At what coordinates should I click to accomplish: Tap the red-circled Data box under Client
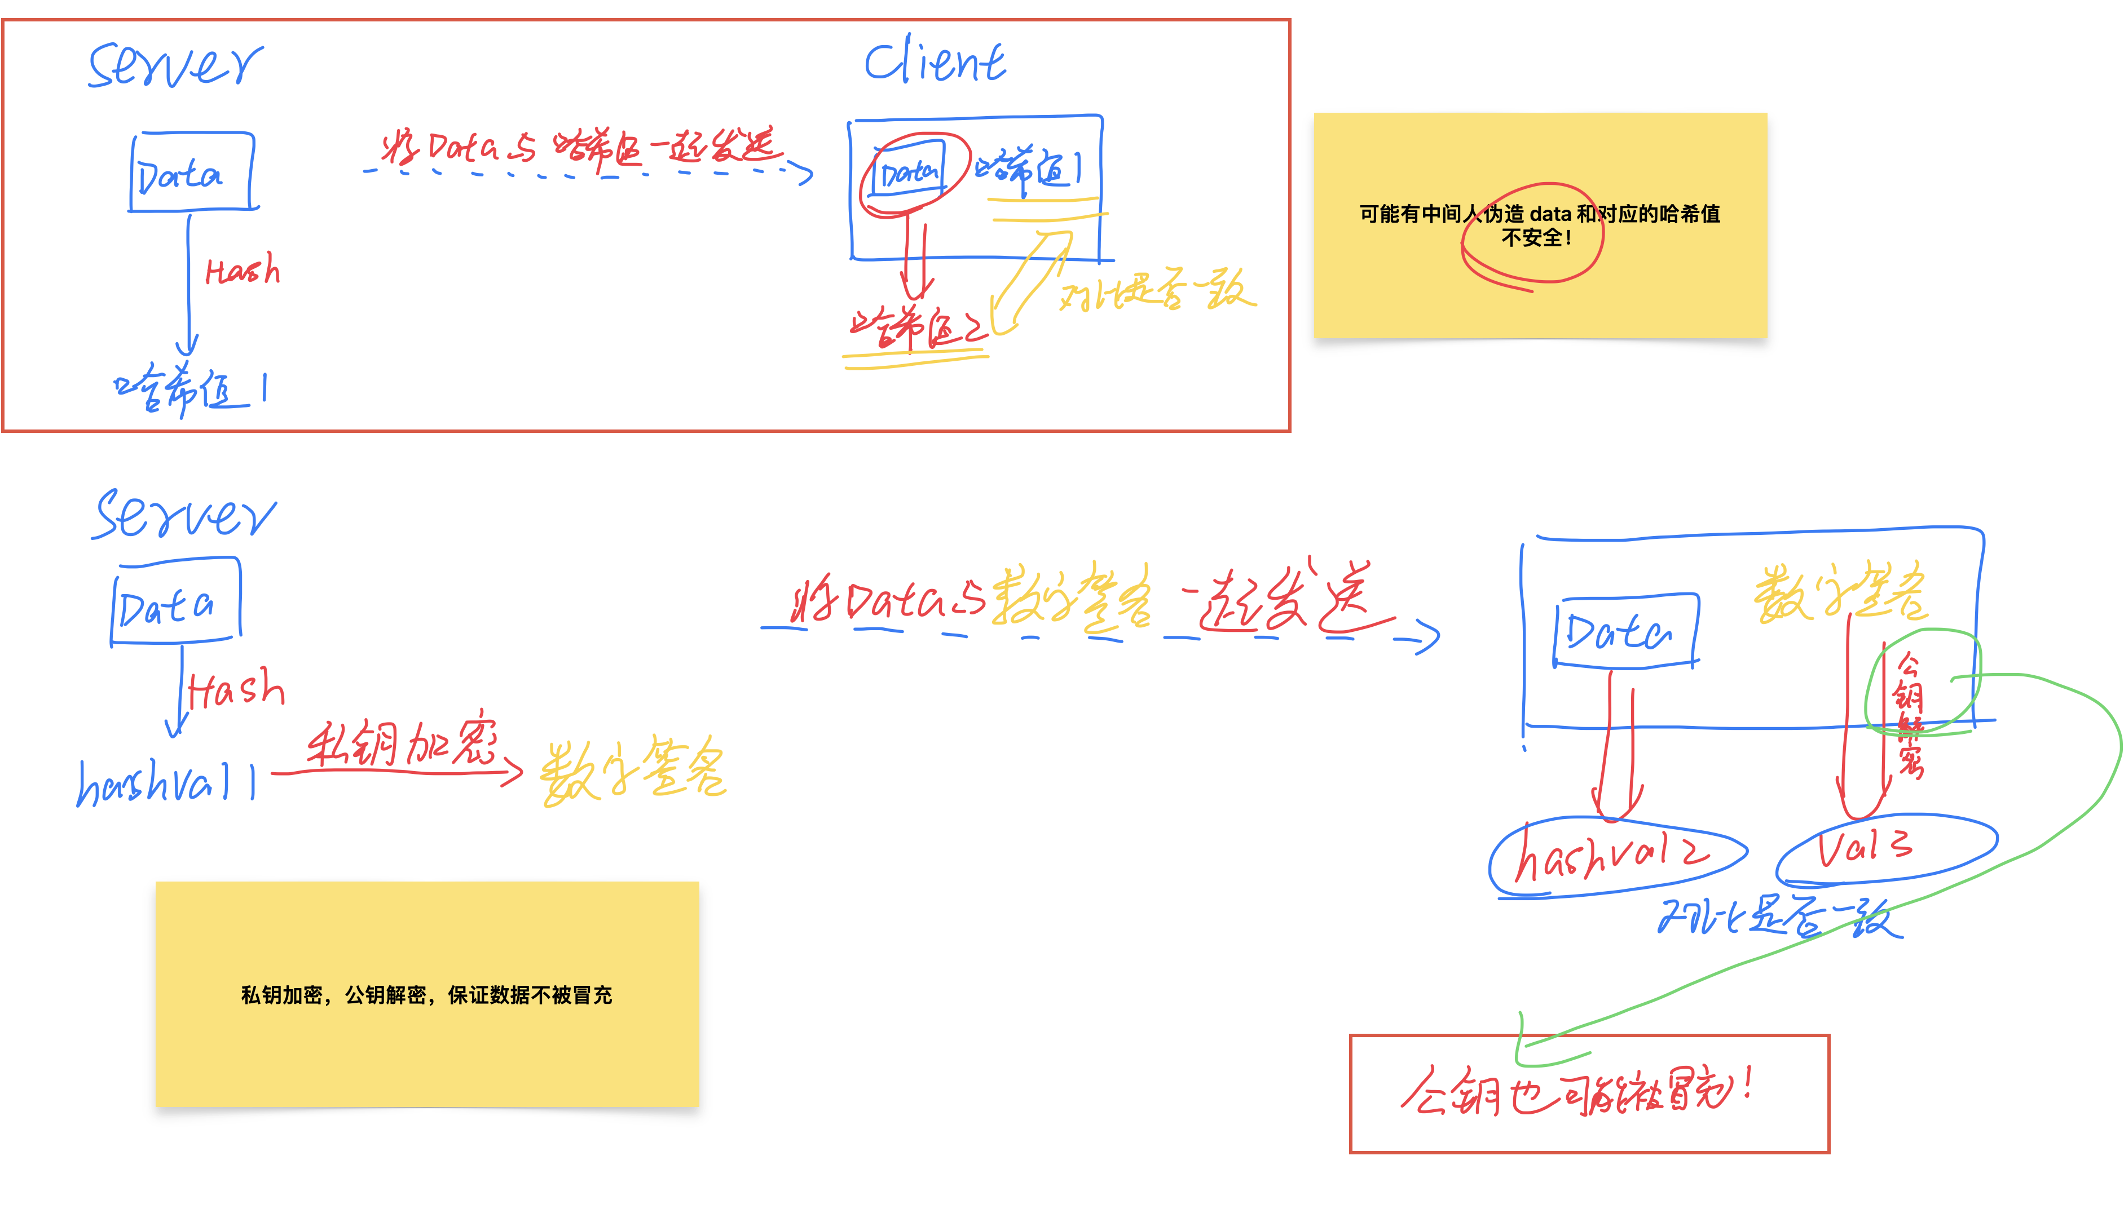click(x=909, y=172)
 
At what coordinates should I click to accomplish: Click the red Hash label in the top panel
click(x=243, y=270)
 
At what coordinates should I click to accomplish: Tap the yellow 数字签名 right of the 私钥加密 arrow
click(x=633, y=771)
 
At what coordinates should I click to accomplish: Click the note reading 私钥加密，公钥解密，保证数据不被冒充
click(x=426, y=994)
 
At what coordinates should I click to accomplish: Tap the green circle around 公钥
click(x=1923, y=681)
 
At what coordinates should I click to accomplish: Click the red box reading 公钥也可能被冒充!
click(x=1589, y=1093)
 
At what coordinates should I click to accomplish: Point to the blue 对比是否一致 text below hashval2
click(x=1780, y=916)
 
